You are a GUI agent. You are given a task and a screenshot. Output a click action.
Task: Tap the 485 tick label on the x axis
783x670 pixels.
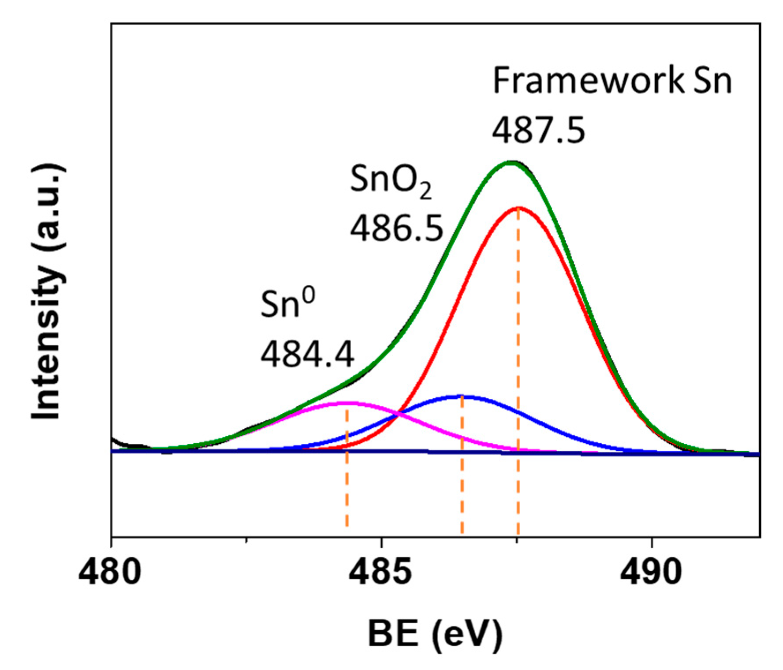coord(380,572)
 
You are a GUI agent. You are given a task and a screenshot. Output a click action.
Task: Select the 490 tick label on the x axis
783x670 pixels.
coord(650,572)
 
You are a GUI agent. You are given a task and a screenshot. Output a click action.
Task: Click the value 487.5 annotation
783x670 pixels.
coord(538,130)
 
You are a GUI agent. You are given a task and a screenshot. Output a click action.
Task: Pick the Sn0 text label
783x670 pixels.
coord(287,304)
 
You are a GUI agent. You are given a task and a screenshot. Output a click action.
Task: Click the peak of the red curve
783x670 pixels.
coord(518,207)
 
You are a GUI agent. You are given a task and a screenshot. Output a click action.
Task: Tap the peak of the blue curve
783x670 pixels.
coord(462,396)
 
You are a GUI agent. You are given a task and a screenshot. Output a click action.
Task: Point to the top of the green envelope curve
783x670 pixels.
coord(510,162)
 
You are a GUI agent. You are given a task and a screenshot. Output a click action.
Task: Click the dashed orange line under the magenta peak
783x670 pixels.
coord(347,485)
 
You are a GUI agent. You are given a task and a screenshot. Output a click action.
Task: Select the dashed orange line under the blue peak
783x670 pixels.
coord(462,485)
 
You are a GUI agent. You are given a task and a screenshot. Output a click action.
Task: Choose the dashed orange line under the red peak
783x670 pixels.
coord(518,485)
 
